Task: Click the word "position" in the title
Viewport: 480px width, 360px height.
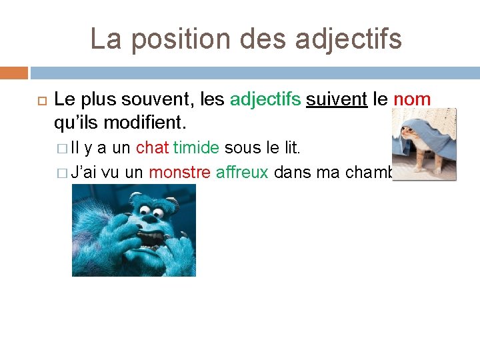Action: click(165, 39)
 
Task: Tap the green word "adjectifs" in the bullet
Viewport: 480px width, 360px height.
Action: click(265, 100)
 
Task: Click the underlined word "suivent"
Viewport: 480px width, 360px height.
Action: click(337, 100)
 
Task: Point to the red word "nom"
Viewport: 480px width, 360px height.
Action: click(412, 100)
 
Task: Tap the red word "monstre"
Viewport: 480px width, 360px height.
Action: click(179, 173)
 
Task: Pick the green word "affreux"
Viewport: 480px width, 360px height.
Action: click(242, 173)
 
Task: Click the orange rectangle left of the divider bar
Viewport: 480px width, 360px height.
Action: click(14, 73)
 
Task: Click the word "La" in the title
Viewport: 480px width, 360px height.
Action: click(105, 39)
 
